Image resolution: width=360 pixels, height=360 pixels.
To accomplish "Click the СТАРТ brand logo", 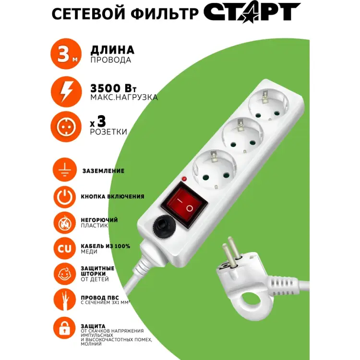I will [252, 13].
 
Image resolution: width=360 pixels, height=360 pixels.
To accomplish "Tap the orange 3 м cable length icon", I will [65, 55].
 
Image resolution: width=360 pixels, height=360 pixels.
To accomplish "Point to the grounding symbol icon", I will [65, 170].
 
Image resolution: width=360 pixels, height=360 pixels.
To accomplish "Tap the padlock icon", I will [65, 329].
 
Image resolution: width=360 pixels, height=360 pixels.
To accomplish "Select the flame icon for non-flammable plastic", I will [65, 223].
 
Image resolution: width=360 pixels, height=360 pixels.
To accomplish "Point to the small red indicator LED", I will [183, 179].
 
